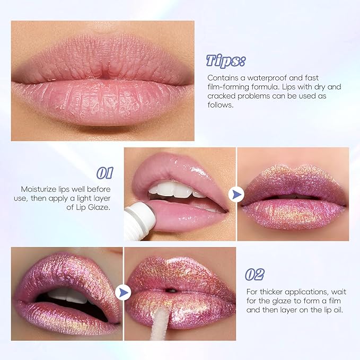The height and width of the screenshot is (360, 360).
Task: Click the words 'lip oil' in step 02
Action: tap(318, 310)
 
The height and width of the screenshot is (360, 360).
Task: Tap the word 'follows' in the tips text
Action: tap(221, 106)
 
